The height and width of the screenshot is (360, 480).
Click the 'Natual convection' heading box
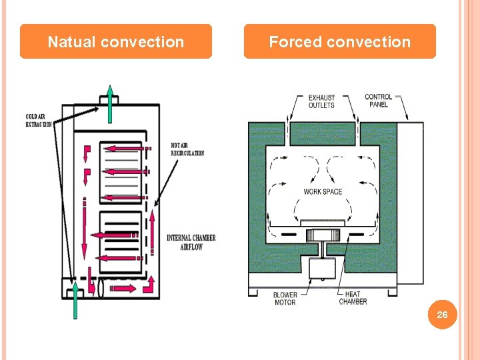[115, 42]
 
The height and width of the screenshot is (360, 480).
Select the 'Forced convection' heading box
[339, 42]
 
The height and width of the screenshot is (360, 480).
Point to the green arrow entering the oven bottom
[75, 299]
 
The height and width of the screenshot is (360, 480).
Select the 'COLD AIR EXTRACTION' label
[39, 121]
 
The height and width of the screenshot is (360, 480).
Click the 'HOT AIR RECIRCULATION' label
[187, 149]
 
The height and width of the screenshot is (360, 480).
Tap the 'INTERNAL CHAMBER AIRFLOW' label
[191, 242]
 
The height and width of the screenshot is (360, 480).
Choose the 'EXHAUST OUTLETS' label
[321, 101]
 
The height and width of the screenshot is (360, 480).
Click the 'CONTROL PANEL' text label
[378, 101]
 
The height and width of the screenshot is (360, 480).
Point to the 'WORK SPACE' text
[323, 192]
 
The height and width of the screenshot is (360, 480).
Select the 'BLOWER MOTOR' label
[285, 298]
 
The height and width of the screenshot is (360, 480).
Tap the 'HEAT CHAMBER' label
[353, 298]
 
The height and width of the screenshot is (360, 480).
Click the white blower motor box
[323, 268]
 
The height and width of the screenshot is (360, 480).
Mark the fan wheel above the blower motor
[323, 234]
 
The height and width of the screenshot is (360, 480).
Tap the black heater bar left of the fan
[289, 235]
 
